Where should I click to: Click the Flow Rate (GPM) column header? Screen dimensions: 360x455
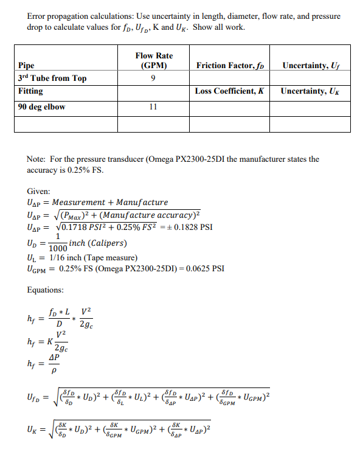tap(153, 60)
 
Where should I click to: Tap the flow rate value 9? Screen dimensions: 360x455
tap(153, 78)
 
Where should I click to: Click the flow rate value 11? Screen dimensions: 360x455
tap(153, 106)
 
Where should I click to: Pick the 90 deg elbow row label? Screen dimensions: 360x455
tap(42, 106)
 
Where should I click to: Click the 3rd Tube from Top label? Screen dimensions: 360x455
tap(52, 78)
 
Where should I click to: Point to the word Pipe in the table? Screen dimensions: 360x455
tap(27, 65)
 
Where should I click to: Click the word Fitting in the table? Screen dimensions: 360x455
tap(31, 91)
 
